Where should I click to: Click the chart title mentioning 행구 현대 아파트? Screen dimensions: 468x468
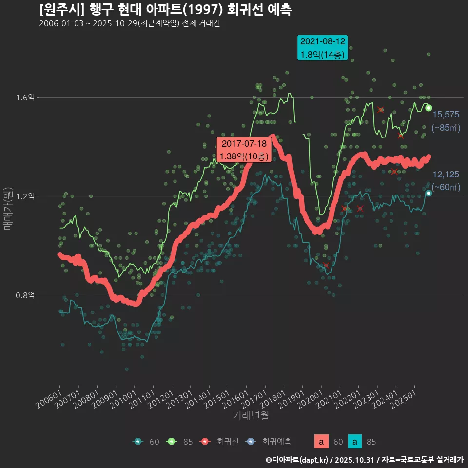(x=166, y=10)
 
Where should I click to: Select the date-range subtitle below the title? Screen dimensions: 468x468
(x=130, y=24)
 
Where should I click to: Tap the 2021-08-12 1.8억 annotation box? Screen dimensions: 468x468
(x=323, y=48)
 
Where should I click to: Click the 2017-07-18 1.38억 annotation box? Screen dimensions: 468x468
(x=244, y=150)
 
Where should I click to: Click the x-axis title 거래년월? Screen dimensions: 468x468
(x=251, y=415)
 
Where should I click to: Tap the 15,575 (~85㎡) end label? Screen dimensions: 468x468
(x=446, y=121)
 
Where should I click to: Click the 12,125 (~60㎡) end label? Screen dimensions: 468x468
(x=446, y=181)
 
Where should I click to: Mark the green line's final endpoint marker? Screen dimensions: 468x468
(x=429, y=108)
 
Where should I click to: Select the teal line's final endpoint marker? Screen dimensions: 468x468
(x=429, y=193)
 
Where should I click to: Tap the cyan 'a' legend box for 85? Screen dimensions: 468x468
(x=356, y=442)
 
